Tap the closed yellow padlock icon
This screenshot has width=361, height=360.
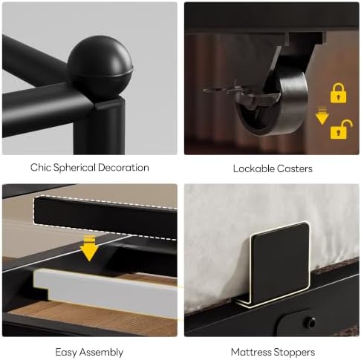click(338, 94)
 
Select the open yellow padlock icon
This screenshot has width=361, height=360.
click(341, 129)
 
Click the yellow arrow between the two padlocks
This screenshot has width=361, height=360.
click(322, 116)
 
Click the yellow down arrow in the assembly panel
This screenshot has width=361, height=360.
click(89, 248)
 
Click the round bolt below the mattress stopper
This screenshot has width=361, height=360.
click(310, 322)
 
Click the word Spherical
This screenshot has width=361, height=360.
click(74, 168)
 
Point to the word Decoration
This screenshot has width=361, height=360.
click(123, 168)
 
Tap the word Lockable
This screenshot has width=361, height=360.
click(253, 168)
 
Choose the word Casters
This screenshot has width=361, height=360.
click(295, 168)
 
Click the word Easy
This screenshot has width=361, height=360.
click(66, 353)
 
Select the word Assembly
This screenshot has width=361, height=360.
click(101, 353)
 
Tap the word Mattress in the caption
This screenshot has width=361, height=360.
click(250, 352)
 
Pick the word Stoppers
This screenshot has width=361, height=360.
click(293, 353)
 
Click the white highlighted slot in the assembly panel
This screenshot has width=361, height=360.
click(106, 292)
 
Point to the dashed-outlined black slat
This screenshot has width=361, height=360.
click(105, 217)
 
